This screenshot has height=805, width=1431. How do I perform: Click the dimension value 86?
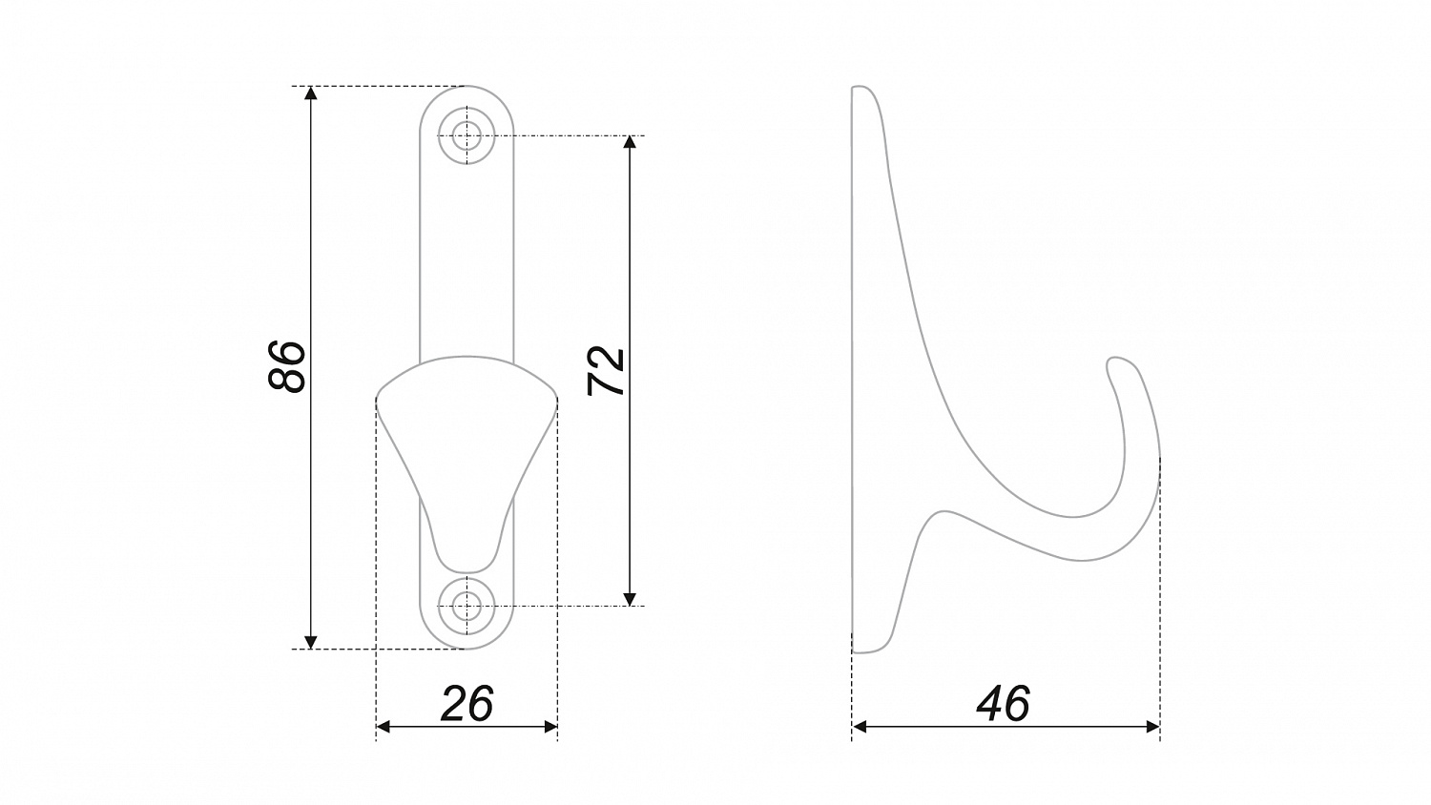(287, 366)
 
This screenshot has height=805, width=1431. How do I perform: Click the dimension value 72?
(606, 371)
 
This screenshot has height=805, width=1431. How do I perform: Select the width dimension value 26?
(467, 703)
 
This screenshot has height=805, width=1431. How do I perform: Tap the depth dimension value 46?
(1003, 703)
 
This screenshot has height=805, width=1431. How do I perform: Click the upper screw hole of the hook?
(467, 135)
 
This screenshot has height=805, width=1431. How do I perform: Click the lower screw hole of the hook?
(467, 606)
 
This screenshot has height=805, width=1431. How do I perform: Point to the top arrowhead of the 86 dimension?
(310, 93)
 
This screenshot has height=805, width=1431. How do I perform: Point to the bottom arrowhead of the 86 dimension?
(310, 642)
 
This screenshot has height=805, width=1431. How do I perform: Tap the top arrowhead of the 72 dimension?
(630, 142)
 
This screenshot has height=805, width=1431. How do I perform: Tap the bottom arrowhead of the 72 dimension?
(630, 599)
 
